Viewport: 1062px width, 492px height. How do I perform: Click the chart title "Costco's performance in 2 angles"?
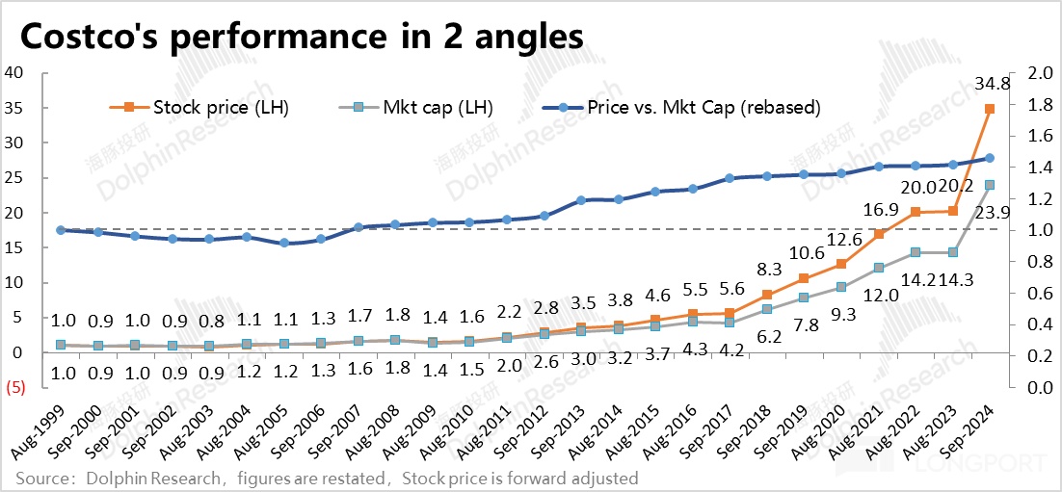point(302,37)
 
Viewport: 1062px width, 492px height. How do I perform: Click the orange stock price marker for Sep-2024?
point(990,109)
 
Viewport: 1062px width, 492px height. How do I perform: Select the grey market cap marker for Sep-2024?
point(990,185)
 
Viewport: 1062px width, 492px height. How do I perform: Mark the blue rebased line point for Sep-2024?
point(990,158)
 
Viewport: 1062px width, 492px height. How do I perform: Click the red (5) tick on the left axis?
point(14,387)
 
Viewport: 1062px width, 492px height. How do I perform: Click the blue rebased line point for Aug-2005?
point(284,244)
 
